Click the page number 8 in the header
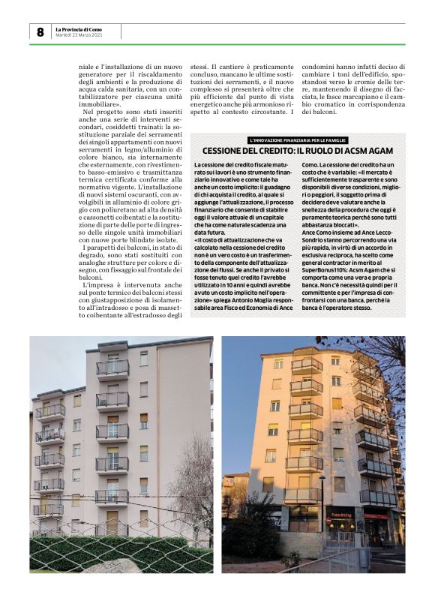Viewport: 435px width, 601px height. click(x=40, y=32)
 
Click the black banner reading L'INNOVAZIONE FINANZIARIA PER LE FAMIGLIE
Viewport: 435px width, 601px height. click(x=298, y=140)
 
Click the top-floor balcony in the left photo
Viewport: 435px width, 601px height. click(x=112, y=368)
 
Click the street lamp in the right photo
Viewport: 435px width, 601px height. click(x=322, y=510)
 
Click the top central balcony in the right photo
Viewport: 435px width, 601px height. click(x=307, y=366)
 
